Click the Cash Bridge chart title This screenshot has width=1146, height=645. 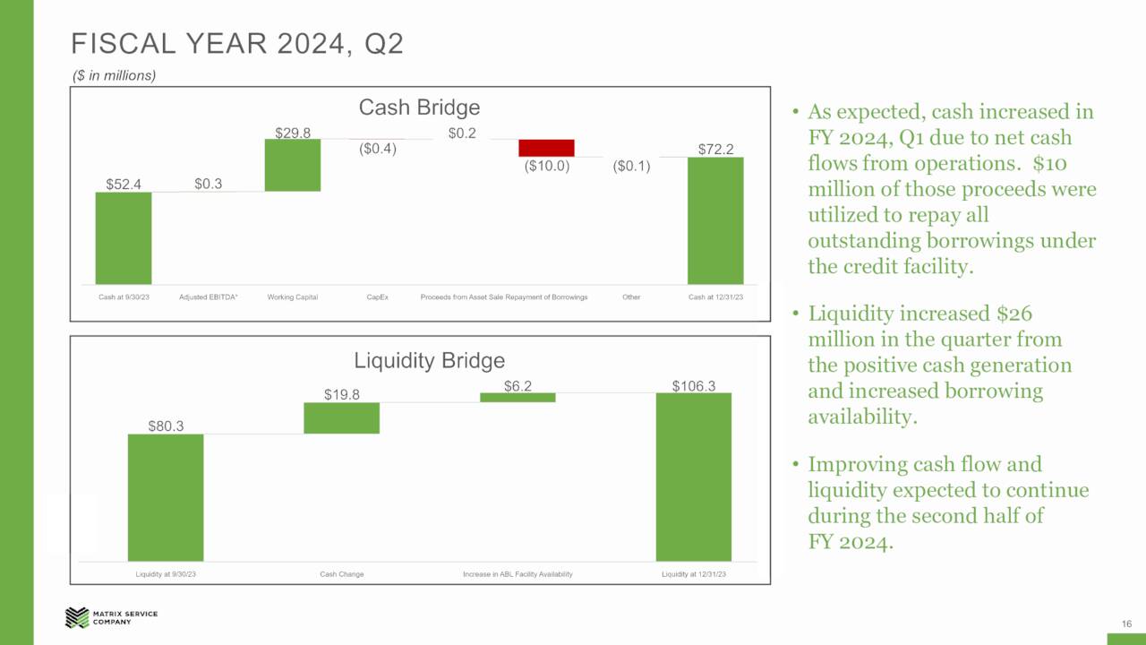[419, 107]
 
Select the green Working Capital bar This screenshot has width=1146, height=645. [293, 165]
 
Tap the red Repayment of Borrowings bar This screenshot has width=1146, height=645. [546, 148]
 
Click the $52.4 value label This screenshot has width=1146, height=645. [124, 185]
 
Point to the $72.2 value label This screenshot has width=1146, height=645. [715, 149]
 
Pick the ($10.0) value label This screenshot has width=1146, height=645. [546, 166]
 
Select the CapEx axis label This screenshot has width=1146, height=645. [377, 297]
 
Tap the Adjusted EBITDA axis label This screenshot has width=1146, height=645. [209, 297]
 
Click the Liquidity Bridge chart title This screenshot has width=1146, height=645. [430, 361]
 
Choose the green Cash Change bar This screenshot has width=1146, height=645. [341, 418]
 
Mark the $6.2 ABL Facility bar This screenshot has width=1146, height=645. [517, 397]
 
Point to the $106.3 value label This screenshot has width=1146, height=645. [694, 385]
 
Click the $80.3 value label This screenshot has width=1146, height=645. [166, 426]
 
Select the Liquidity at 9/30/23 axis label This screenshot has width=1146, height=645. [166, 574]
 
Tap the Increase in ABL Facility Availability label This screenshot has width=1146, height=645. [517, 574]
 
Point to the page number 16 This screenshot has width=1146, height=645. [1126, 623]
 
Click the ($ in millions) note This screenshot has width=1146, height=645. [115, 76]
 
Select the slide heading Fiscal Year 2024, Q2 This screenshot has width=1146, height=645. [237, 44]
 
